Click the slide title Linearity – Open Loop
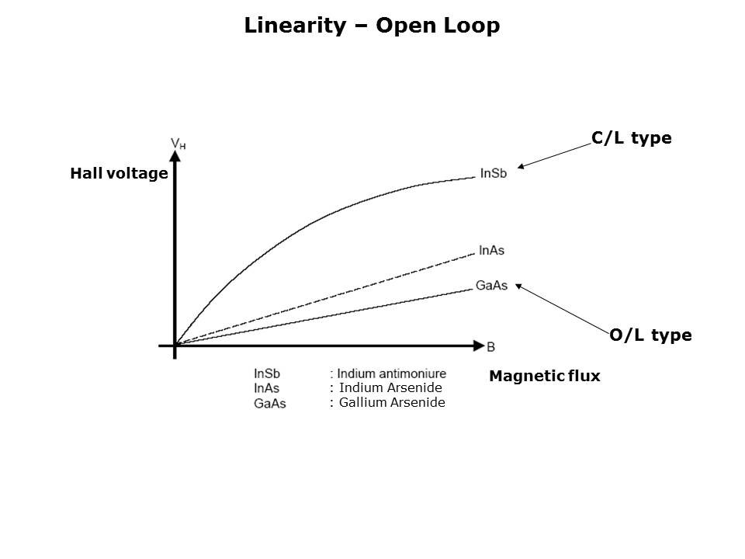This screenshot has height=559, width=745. pos(372,26)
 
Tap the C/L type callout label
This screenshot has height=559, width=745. pos(631,138)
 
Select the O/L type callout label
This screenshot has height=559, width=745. pos(650,335)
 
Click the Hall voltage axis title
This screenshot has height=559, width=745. pos(119,174)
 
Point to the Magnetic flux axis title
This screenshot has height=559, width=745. pos(545,377)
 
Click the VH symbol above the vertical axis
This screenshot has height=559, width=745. pos(178,143)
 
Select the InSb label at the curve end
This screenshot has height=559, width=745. pos(494,173)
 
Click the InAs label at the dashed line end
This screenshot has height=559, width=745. pos(492,250)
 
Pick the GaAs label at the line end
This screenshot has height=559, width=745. pos(491,286)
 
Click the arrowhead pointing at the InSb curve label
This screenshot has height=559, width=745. pos(521,166)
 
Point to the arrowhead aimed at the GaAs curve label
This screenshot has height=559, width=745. pos(519,286)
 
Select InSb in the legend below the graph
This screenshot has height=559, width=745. pos(267,374)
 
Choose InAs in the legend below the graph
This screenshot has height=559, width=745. pos(267,388)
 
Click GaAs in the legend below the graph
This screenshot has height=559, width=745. pos(269,403)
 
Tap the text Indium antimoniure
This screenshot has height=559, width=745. pos(391,374)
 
